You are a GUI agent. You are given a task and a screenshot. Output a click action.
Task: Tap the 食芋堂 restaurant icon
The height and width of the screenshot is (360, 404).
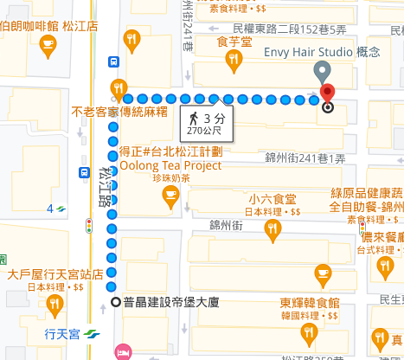click(233, 59)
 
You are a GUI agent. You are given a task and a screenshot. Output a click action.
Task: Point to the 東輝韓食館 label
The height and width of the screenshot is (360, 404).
click(309, 303)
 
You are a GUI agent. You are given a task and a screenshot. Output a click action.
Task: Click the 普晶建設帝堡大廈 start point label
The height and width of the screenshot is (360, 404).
click(173, 303)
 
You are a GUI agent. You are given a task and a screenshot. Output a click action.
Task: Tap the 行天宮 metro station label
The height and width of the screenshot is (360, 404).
click(61, 332)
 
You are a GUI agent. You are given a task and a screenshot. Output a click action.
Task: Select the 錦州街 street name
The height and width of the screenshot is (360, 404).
click(226, 224)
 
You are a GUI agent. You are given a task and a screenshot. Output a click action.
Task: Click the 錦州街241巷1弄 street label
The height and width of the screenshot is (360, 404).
click(305, 158)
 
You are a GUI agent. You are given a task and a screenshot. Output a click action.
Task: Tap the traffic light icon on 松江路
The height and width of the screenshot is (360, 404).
click(89, 226)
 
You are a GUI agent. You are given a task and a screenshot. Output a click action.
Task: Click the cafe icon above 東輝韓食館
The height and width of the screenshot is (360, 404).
click(323, 274)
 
